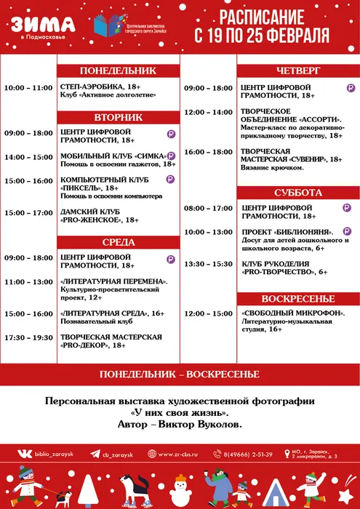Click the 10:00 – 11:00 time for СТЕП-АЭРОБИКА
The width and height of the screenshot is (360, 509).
(28, 88)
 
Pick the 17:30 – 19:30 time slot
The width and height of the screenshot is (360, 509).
(28, 337)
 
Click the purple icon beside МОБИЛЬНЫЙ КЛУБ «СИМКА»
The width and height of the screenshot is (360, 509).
(172, 156)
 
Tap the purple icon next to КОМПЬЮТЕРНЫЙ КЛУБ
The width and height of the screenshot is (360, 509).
(170, 178)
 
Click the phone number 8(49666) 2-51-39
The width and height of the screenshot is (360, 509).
(248, 454)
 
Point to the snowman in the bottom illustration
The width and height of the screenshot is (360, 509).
(312, 487)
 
